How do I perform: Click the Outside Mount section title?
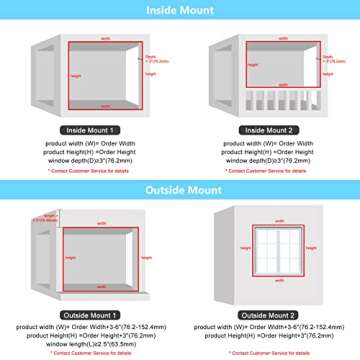[x=180, y=190]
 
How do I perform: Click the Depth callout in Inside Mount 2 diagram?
[x=322, y=58]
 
